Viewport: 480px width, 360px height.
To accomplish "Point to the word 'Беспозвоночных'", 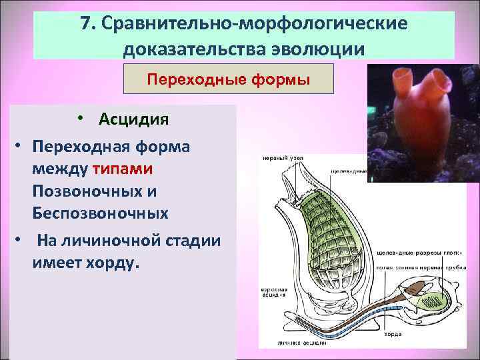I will tap(99, 213).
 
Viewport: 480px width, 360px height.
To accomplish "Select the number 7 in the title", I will tap(85, 23).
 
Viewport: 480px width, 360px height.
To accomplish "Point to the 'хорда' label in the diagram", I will tap(394, 335).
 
